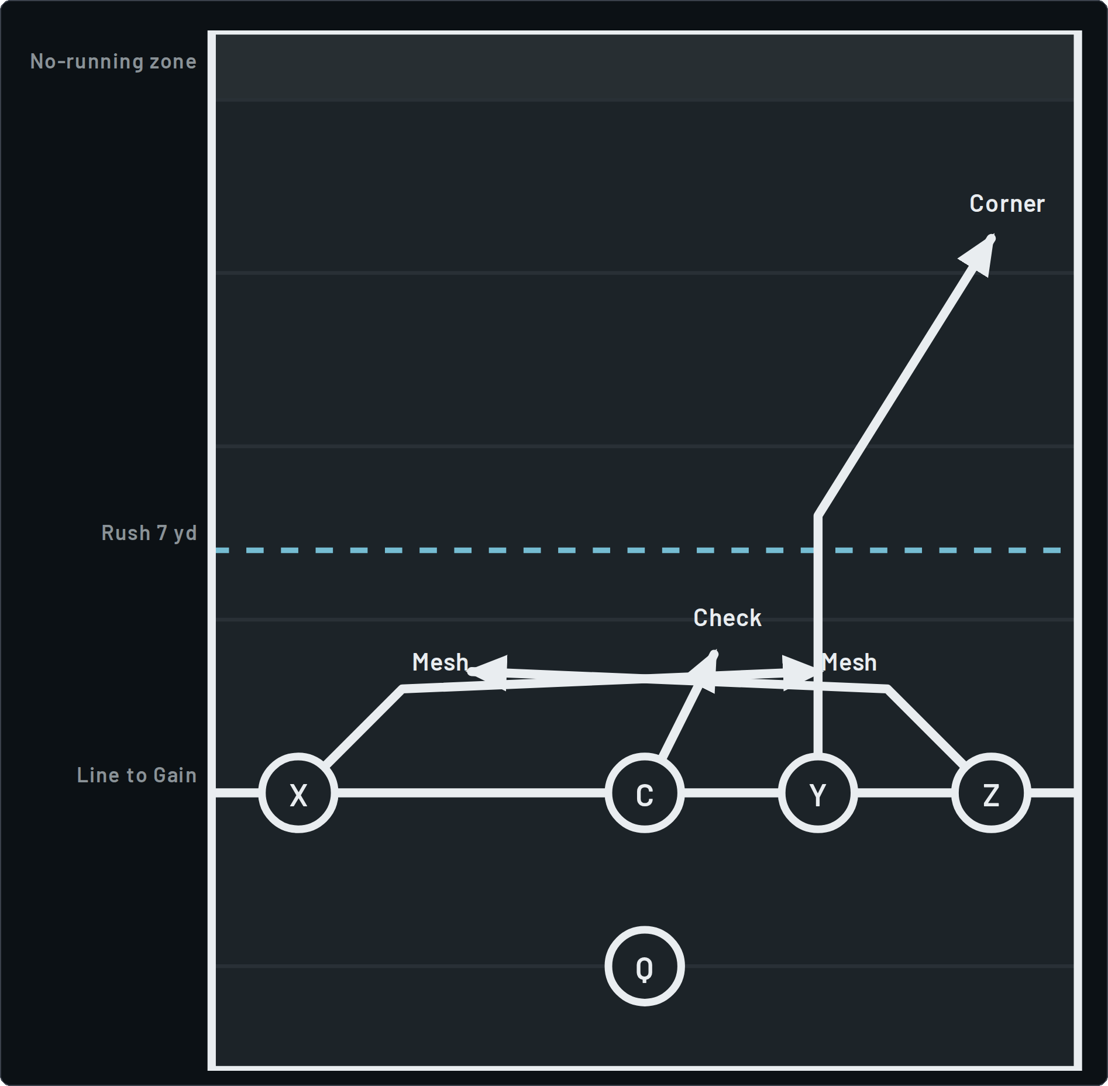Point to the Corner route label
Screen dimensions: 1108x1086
coord(1007,204)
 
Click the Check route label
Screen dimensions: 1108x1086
coord(727,618)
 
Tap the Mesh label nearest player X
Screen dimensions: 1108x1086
coord(440,662)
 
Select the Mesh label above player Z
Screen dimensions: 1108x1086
coord(849,662)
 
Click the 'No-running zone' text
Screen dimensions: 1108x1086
coord(113,61)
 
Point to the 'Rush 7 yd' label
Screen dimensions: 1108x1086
coord(149,533)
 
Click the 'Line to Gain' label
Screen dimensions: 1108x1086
coord(137,775)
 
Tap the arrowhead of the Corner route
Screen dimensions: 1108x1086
coord(992,238)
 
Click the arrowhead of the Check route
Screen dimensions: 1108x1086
coord(714,653)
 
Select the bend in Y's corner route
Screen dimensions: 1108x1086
coord(818,516)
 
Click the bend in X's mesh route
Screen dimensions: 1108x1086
coord(403,689)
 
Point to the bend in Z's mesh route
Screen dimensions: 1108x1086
coord(887,689)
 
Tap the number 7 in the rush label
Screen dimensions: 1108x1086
coord(162,533)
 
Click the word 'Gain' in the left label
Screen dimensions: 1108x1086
coord(175,775)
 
